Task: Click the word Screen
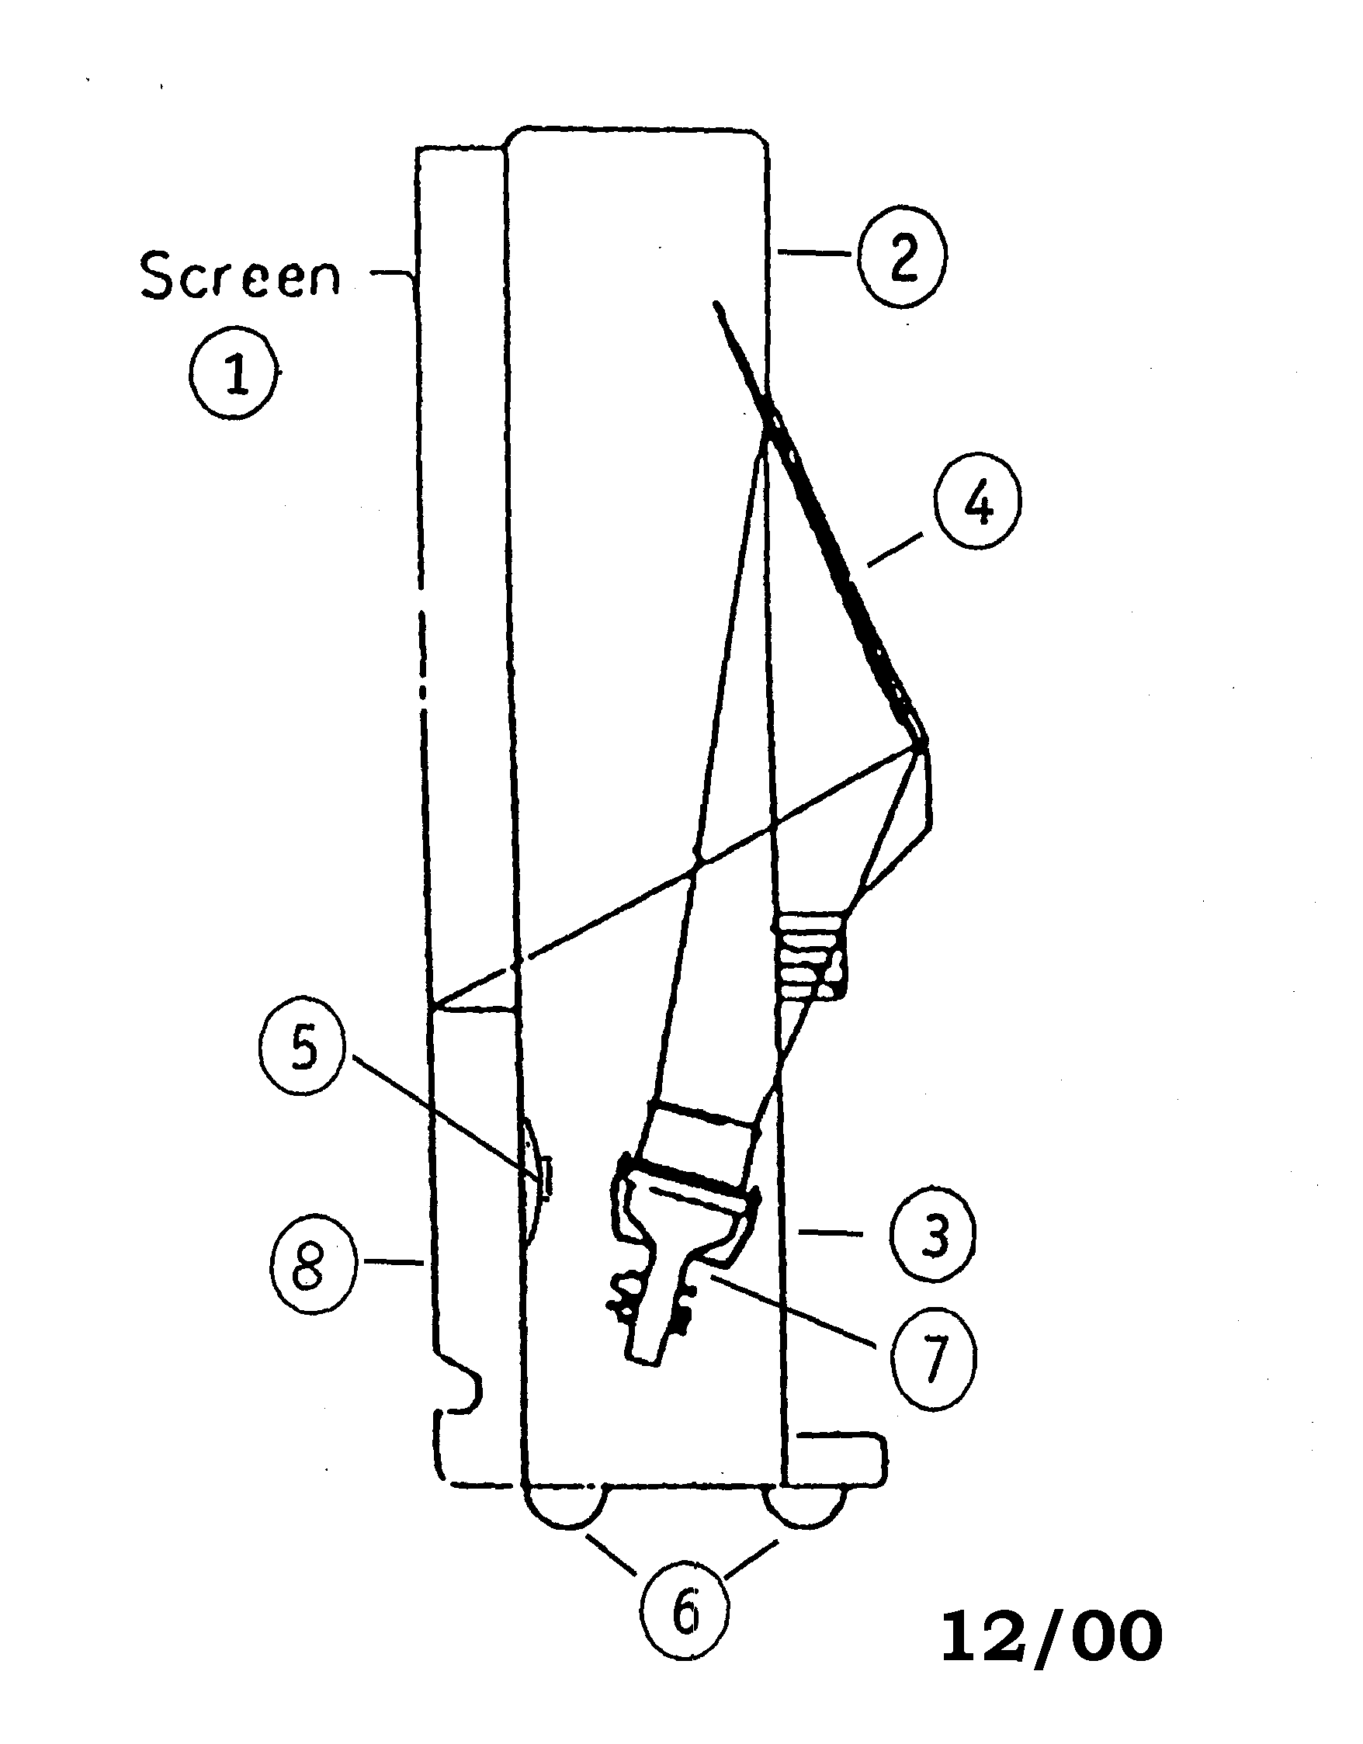coord(240,276)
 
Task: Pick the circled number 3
coord(931,1236)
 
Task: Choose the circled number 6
coord(685,1614)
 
